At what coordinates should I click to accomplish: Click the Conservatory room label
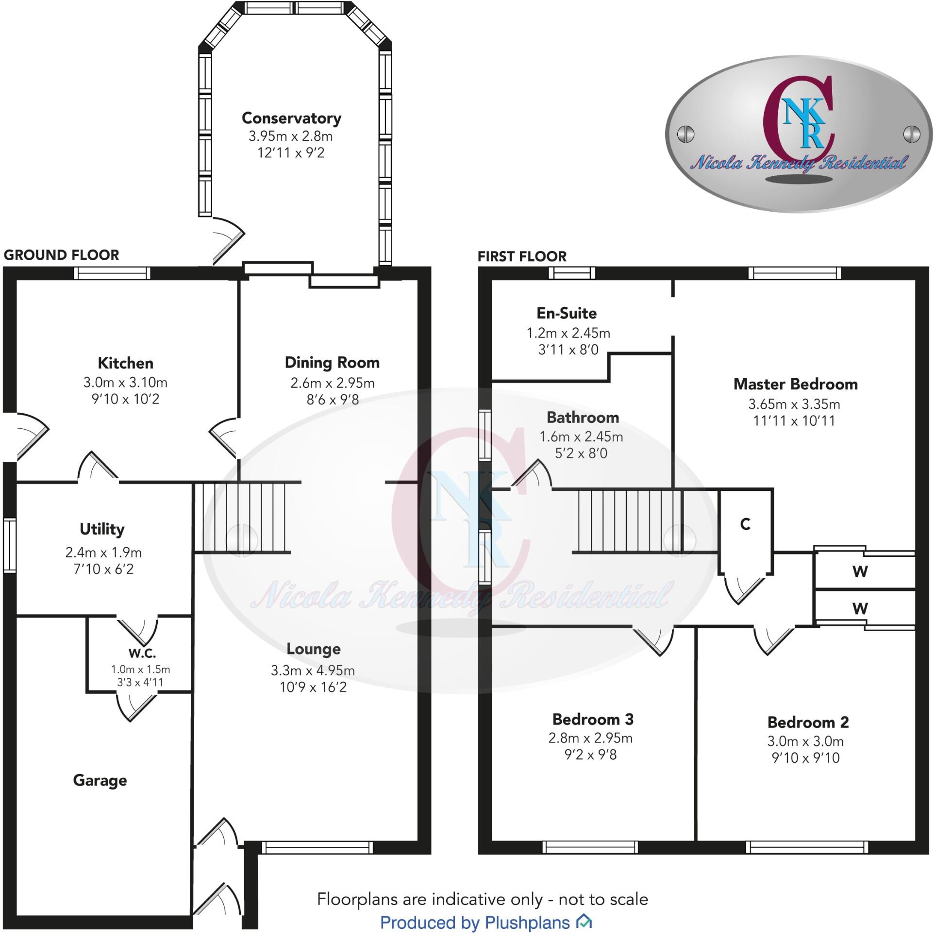point(291,118)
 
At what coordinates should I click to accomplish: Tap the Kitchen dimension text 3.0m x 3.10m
point(126,383)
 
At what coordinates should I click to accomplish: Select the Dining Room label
point(332,363)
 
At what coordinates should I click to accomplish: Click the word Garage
point(100,780)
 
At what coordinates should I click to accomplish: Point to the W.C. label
point(142,653)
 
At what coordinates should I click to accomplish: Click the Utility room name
point(102,529)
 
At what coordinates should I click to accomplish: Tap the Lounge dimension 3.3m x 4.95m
point(313,671)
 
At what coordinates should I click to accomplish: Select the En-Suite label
point(566,313)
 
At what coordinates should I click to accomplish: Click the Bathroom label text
point(582,418)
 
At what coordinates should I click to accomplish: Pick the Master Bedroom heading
point(795,385)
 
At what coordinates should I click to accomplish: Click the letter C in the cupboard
point(745,524)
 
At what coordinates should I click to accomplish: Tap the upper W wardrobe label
point(860,571)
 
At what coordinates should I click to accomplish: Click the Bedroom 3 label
point(593,719)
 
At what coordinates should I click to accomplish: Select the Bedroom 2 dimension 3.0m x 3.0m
point(805,741)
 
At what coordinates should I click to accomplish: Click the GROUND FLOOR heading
point(61,255)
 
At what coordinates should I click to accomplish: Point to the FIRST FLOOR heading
point(522,256)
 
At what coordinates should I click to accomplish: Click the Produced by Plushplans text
point(475,923)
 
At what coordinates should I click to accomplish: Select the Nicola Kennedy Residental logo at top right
point(798,134)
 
